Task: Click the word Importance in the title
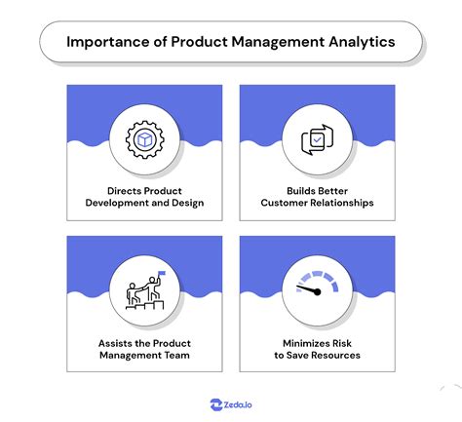coord(106,42)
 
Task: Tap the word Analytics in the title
coord(360,42)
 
